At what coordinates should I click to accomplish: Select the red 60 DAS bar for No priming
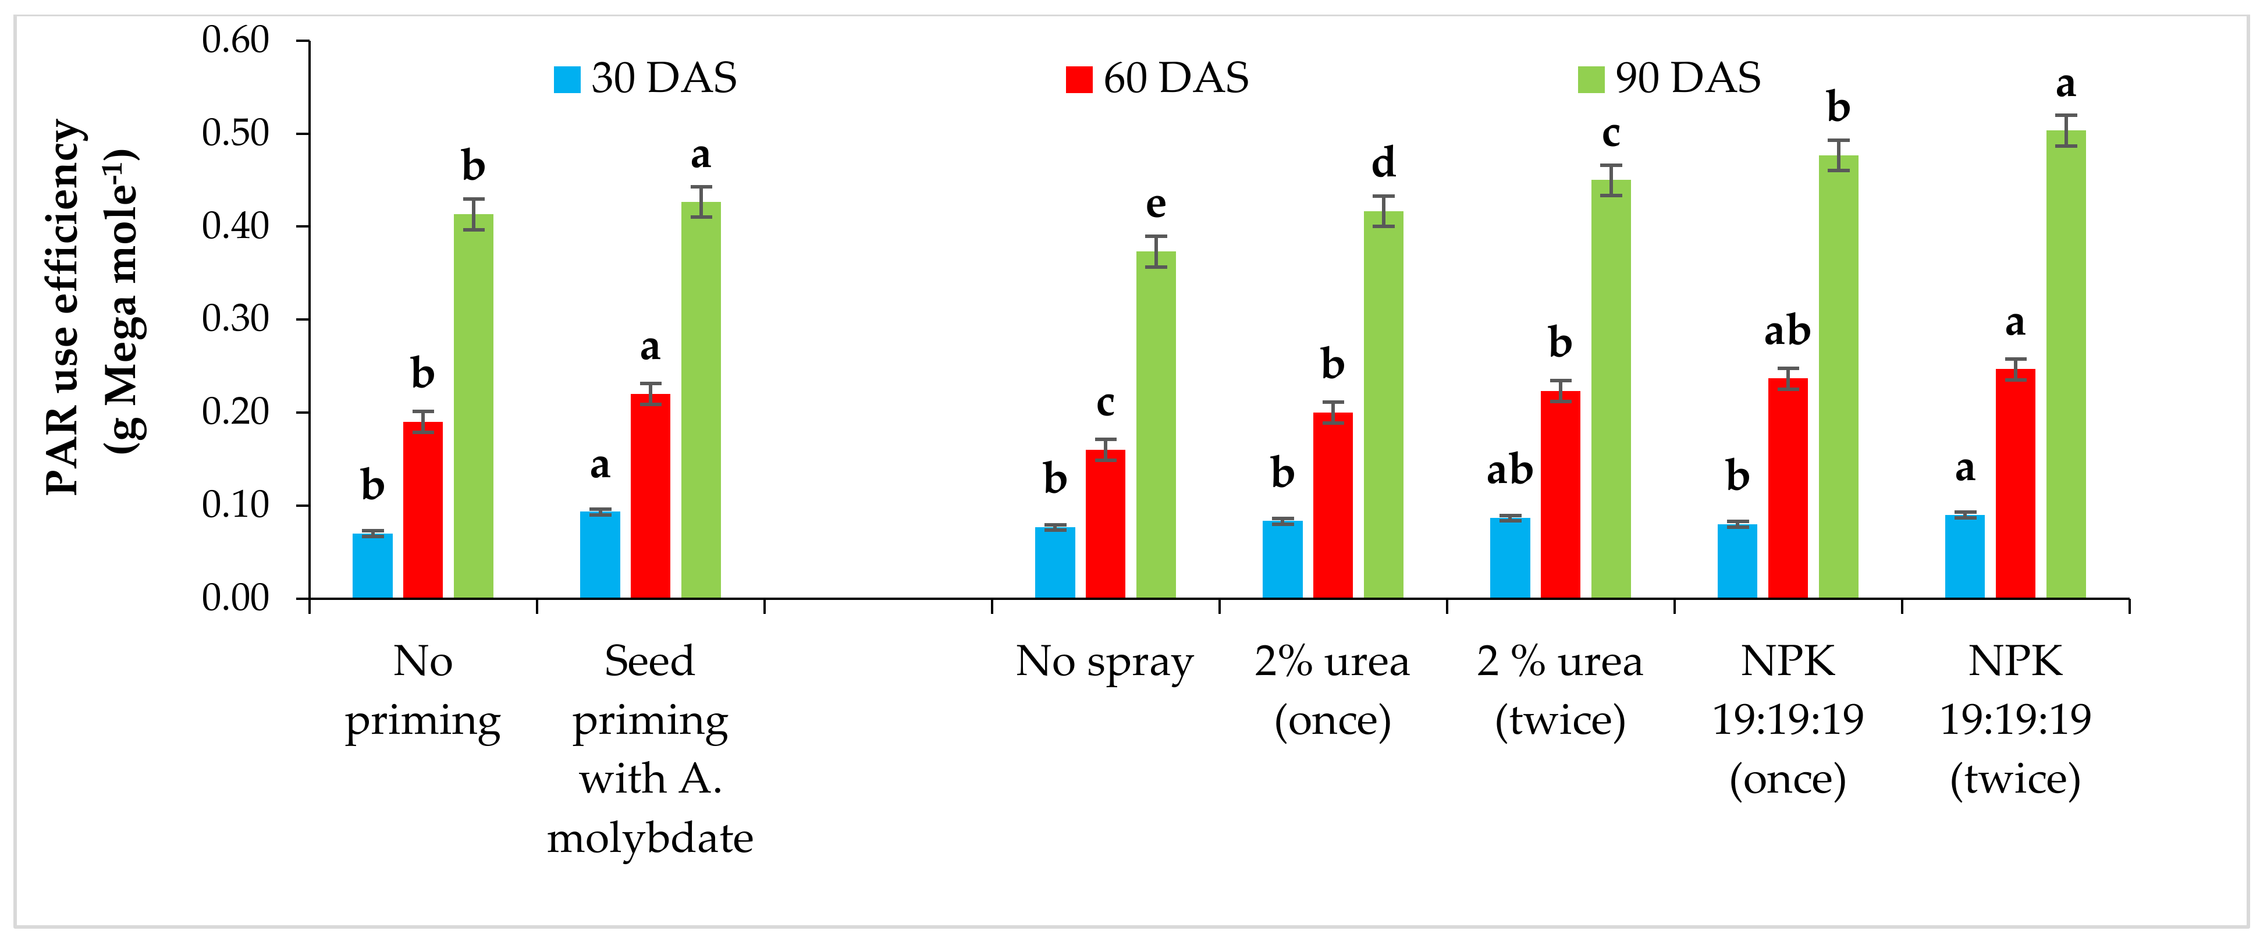pos(422,510)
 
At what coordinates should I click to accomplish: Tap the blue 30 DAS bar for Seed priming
pos(599,555)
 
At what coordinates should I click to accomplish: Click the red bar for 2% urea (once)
pos(1333,505)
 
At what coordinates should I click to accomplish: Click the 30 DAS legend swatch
pos(567,79)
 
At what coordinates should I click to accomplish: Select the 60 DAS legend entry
pos(1157,79)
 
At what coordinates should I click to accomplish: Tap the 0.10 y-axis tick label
pos(235,505)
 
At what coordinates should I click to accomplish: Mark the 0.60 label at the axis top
pos(235,41)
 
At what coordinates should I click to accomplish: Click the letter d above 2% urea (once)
pos(1384,164)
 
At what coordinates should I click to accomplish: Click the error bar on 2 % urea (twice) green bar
pos(1611,180)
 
